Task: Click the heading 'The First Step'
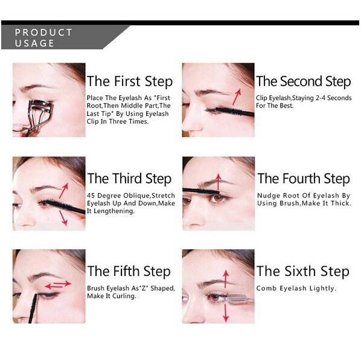[x=129, y=81]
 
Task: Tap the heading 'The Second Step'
[x=303, y=81]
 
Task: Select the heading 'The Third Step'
[x=129, y=179]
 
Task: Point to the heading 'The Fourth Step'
[x=303, y=179]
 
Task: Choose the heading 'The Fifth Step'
[x=129, y=271]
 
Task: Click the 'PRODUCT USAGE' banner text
[x=43, y=37]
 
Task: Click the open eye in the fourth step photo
[x=220, y=198]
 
